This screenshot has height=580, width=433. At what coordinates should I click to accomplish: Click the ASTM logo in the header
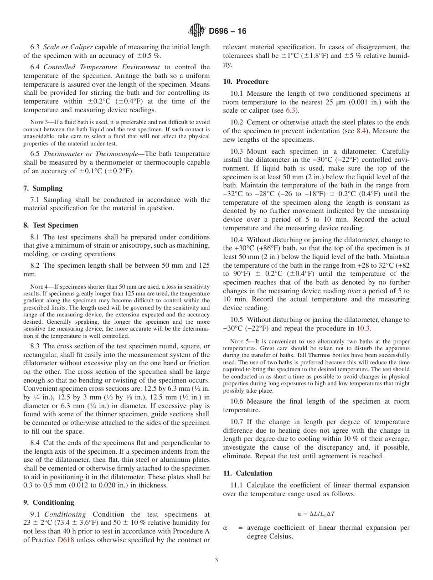click(x=196, y=31)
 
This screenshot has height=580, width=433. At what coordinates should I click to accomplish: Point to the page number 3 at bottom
click(x=216, y=560)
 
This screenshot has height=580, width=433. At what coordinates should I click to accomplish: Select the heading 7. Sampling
click(x=43, y=188)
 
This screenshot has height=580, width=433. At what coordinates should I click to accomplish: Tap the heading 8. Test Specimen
click(x=51, y=225)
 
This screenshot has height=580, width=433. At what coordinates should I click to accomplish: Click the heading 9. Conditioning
click(x=48, y=502)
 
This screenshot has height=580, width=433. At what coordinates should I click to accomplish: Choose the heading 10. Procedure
click(x=246, y=82)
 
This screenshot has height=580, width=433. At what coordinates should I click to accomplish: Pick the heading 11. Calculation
click(x=247, y=473)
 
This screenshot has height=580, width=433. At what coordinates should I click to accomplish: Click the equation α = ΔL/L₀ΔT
click(x=316, y=513)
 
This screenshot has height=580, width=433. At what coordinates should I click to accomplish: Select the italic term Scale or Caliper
click(x=68, y=47)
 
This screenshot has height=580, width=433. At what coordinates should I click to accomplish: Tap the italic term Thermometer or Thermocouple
click(x=87, y=154)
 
